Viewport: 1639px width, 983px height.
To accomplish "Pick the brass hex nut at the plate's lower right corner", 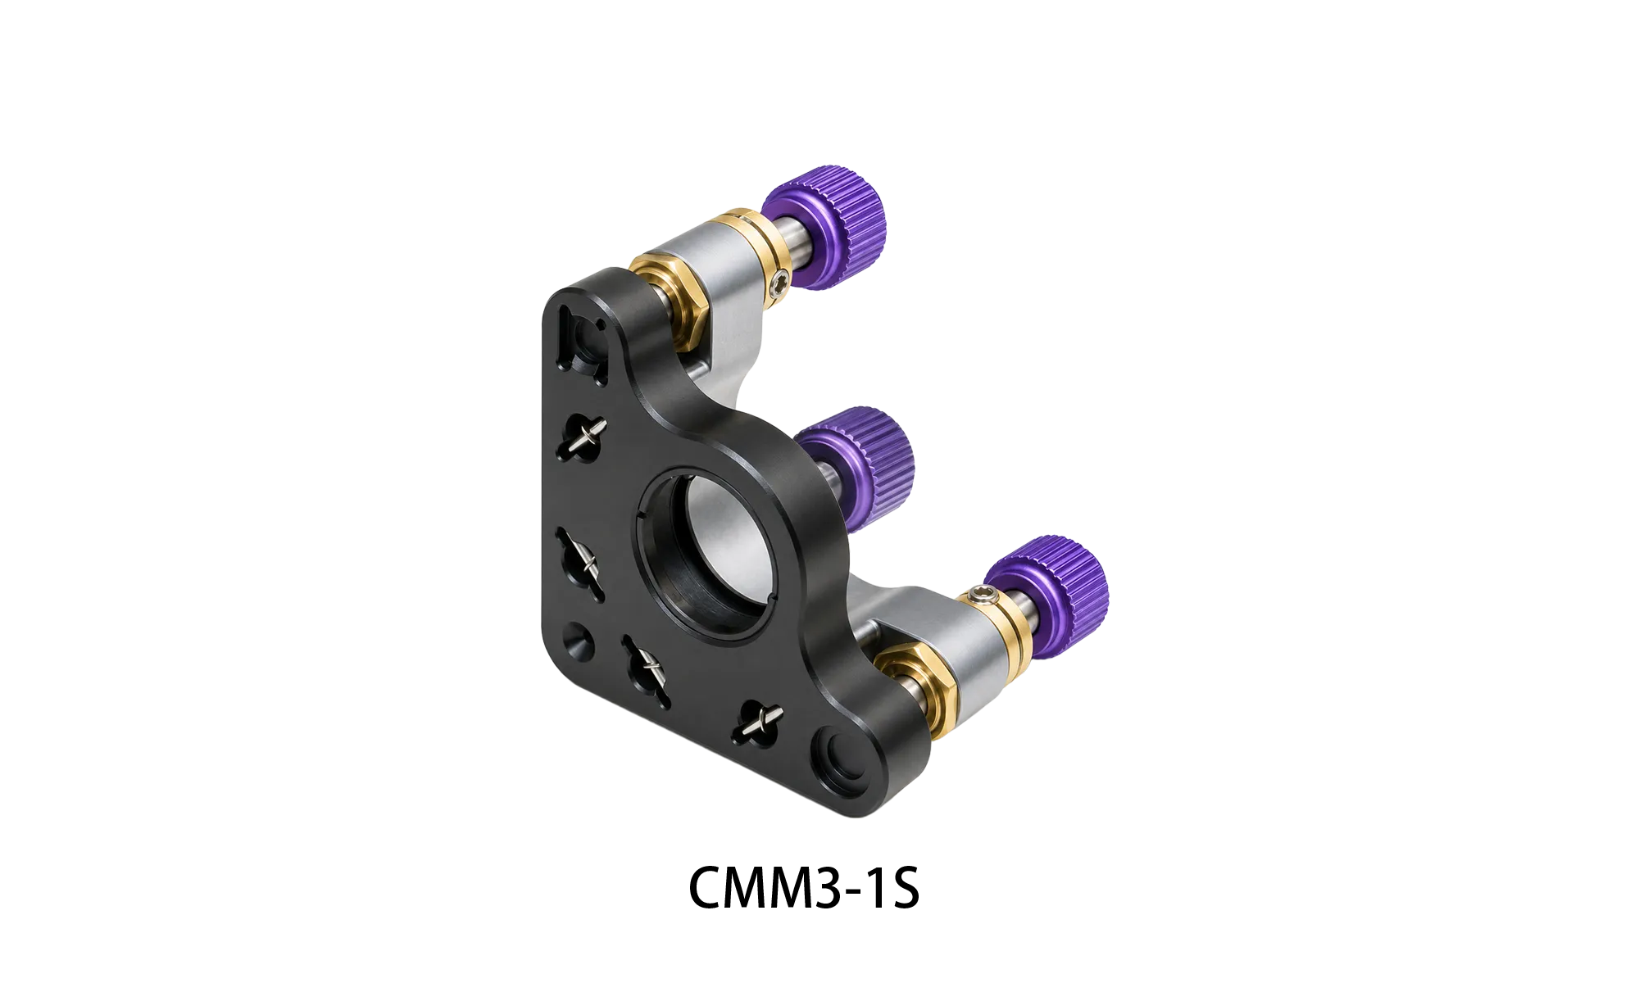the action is [913, 686].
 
